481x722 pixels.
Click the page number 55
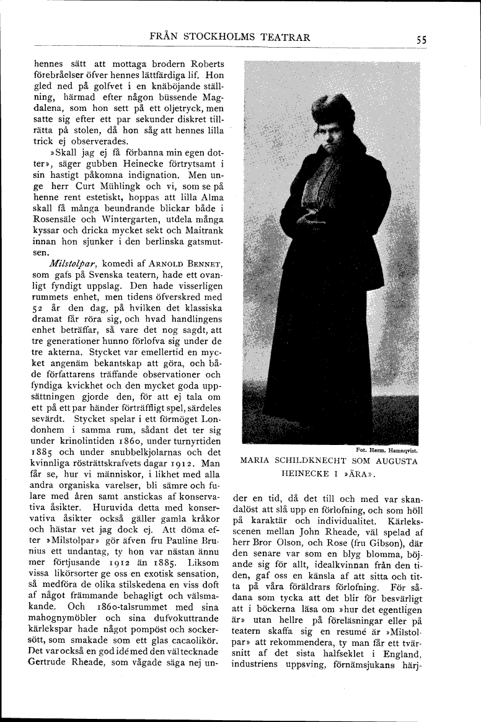point(421,39)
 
